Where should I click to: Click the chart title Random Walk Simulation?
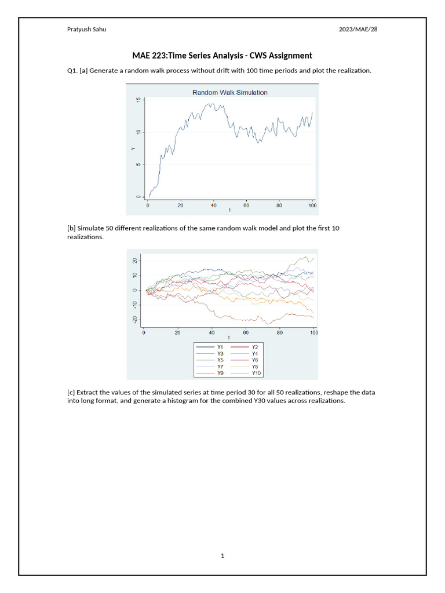(230, 92)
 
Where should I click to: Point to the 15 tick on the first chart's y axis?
(138, 101)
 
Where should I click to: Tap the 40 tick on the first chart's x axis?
(213, 205)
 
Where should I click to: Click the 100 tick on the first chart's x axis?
(312, 205)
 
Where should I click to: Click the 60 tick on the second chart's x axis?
(246, 332)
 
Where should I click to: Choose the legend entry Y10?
(256, 374)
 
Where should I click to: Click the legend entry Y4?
(255, 353)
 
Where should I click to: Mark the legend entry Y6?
(255, 360)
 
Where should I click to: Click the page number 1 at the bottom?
(222, 556)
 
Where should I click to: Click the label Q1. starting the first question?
(73, 71)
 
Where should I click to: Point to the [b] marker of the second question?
(72, 228)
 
